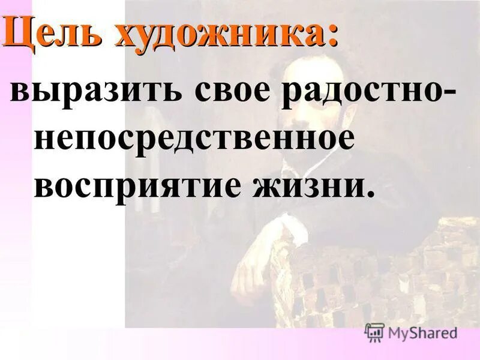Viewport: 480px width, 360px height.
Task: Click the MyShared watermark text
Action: (x=422, y=332)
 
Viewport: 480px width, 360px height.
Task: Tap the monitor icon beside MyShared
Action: (x=374, y=332)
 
